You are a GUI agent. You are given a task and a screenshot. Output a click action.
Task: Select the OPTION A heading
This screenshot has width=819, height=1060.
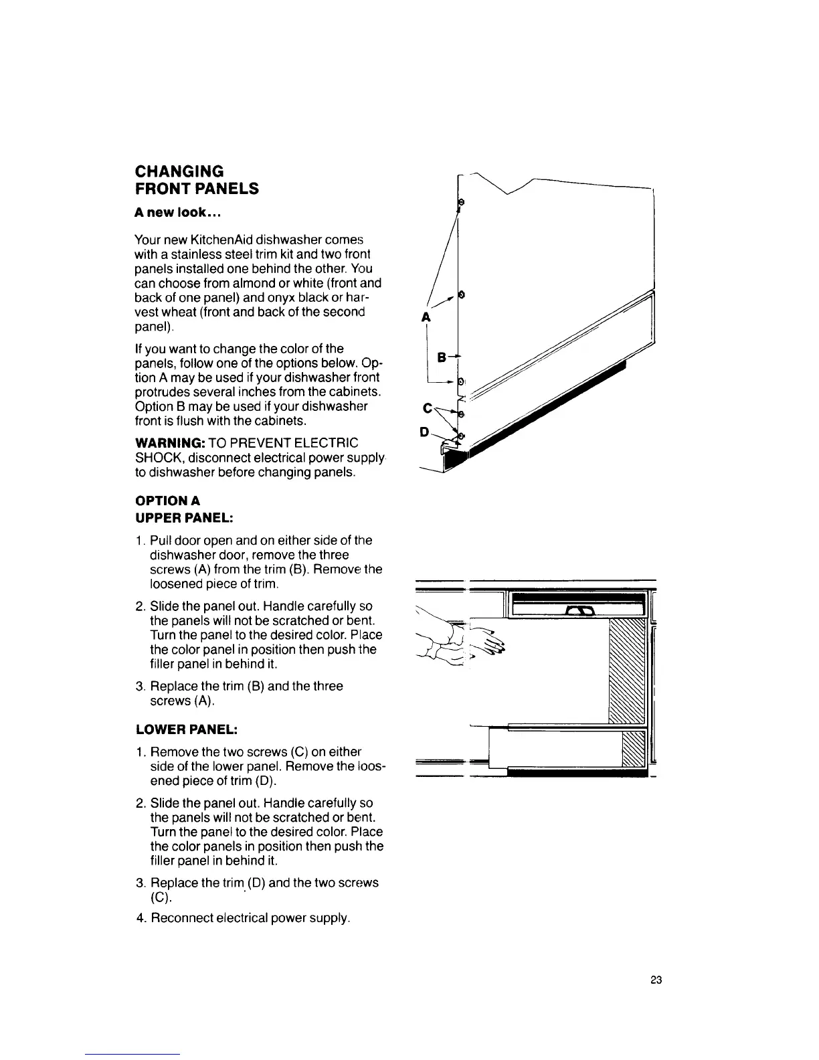167,501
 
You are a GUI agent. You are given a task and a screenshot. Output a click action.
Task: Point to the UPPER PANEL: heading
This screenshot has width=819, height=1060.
184,517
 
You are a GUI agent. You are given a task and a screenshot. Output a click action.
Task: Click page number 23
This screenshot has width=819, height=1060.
655,980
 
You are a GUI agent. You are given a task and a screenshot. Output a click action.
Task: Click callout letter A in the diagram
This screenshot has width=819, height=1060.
425,319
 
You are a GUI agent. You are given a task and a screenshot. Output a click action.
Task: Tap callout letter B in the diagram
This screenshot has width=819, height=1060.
441,358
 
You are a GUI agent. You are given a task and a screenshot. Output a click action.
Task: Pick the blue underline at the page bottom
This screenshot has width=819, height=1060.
133,1054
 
